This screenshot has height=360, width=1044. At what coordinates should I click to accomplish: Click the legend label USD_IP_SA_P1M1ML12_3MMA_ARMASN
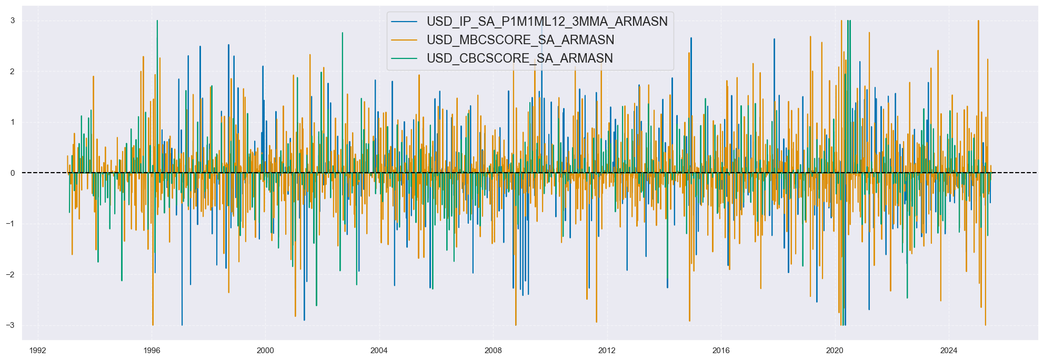[547, 22]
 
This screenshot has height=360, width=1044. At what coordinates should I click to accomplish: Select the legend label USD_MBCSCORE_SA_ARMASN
[520, 40]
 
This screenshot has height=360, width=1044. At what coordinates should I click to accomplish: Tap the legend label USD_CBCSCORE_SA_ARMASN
[519, 58]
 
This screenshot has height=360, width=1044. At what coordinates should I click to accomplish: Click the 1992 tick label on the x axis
[37, 351]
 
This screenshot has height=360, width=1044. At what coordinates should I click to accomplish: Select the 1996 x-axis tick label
[152, 351]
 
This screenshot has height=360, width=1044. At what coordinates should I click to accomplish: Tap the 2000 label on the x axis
[265, 351]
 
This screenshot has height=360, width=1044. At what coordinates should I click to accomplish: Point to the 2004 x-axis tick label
[379, 351]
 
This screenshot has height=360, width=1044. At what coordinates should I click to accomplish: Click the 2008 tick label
[493, 351]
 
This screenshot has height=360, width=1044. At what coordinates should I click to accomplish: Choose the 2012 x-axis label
[607, 351]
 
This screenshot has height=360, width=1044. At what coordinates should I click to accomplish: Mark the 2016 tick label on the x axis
[721, 351]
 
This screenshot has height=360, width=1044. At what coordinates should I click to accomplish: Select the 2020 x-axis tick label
[835, 351]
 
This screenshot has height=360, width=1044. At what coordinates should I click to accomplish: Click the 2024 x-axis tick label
[949, 351]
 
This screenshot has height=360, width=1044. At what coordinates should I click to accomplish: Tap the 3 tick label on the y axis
[12, 21]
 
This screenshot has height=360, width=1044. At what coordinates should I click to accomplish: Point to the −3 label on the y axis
[10, 325]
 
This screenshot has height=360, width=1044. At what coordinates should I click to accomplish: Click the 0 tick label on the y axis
[12, 173]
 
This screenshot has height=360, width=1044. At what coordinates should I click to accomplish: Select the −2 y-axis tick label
[10, 275]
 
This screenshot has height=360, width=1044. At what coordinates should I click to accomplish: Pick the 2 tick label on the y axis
[12, 72]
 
